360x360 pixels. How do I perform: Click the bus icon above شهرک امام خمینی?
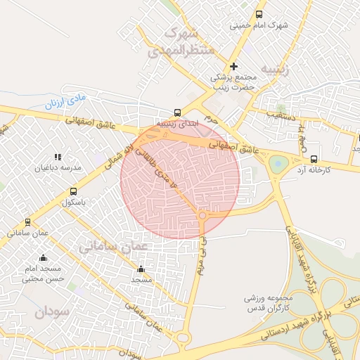(259, 14)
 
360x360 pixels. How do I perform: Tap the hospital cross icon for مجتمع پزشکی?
(234, 66)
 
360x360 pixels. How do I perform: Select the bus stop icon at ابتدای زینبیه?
(177, 112)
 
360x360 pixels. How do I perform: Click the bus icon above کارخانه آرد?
(314, 159)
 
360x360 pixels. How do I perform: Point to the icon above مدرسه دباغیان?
(57, 157)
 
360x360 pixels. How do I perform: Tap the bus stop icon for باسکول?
(73, 191)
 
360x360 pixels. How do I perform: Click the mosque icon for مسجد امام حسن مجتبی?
(44, 257)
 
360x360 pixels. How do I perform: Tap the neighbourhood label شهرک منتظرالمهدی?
(174, 42)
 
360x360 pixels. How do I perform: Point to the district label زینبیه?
(275, 69)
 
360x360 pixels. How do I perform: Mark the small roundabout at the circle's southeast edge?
(203, 214)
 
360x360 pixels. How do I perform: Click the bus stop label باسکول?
(72, 202)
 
